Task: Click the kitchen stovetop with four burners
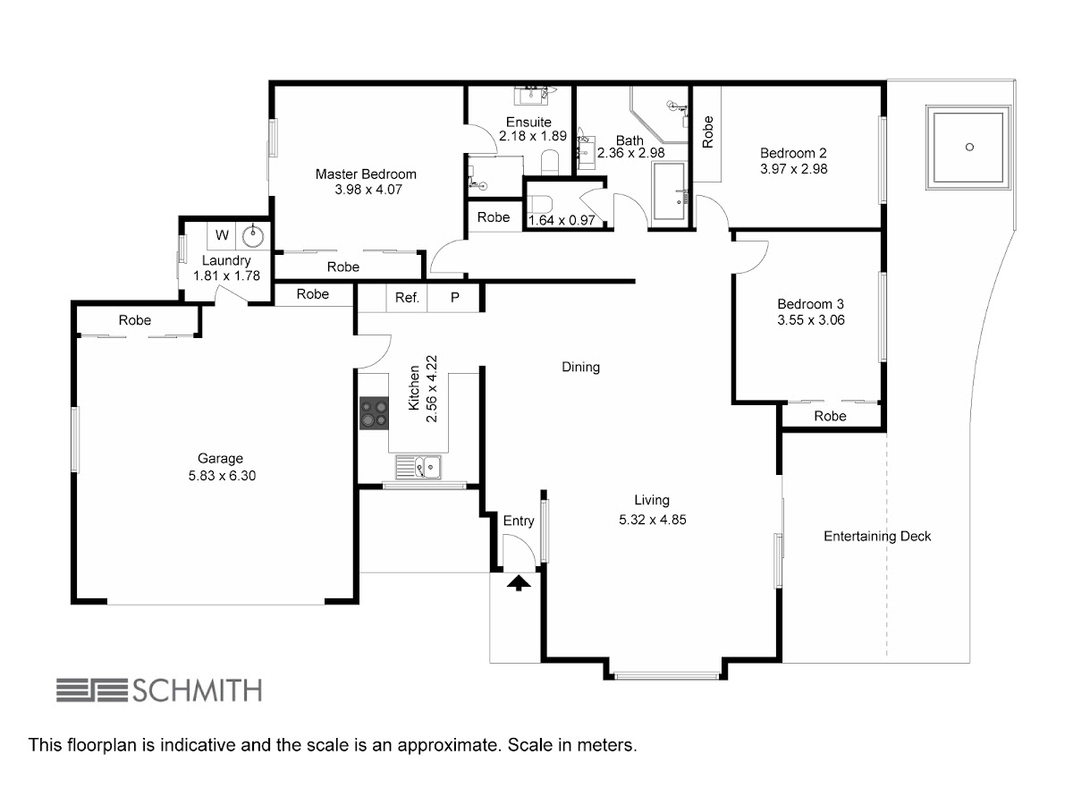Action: point(374,413)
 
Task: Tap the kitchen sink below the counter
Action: point(418,467)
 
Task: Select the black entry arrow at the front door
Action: point(519,583)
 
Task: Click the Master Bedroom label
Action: point(366,174)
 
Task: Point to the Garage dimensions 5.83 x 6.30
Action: point(222,476)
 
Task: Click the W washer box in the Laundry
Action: point(222,235)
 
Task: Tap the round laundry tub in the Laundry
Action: point(253,236)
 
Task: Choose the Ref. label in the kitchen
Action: point(407,297)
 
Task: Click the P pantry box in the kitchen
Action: point(454,297)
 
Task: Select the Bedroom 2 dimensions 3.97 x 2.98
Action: point(793,169)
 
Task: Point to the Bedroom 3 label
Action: point(810,304)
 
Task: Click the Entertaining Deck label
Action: point(877,536)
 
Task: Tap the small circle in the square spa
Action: point(970,147)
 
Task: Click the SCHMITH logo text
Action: point(197,691)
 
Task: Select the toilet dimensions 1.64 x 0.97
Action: point(562,220)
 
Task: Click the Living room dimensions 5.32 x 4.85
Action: point(653,520)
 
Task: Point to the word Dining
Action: point(580,367)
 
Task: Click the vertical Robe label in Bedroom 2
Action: point(707,132)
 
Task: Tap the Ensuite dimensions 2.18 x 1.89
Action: point(533,136)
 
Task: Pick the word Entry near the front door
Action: point(519,521)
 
